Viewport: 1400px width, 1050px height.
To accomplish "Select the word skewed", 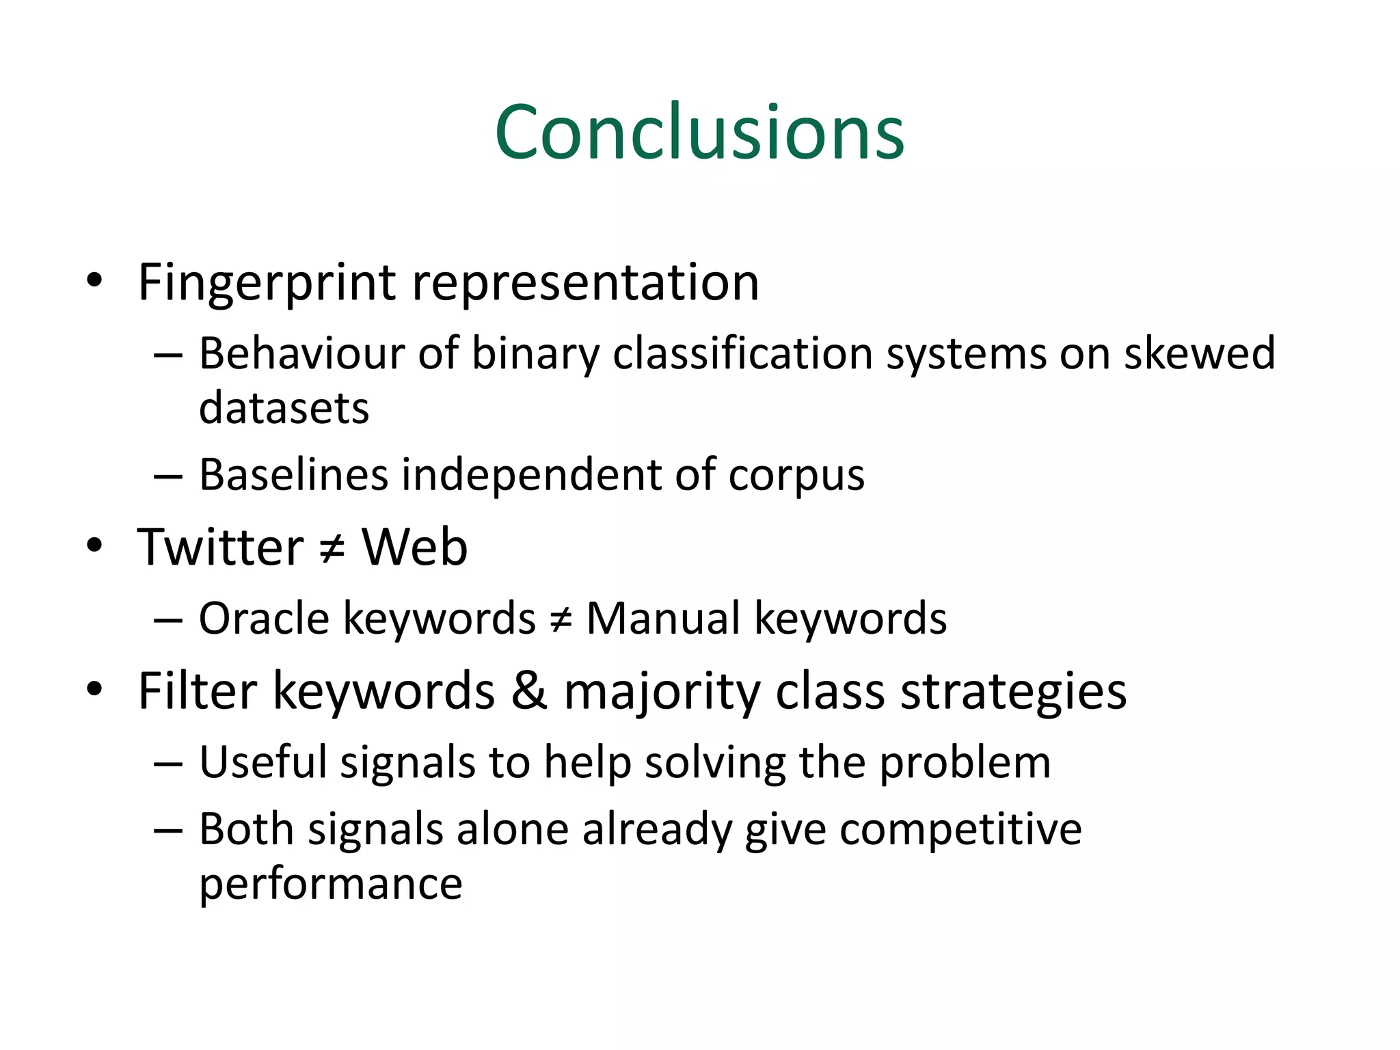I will pos(1200,354).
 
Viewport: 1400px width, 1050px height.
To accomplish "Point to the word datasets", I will pos(284,408).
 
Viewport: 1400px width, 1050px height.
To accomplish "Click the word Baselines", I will pos(293,475).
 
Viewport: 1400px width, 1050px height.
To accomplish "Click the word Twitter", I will pos(220,548).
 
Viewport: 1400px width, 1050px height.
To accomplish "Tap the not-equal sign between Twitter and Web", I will pos(332,549).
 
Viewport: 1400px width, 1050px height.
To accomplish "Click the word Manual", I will pos(663,619).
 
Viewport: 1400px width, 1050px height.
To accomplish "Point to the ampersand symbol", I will pos(528,690).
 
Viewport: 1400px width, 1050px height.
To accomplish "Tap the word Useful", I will pos(263,762).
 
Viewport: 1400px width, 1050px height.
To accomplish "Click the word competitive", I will pos(960,831).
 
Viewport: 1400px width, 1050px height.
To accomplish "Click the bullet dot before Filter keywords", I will pos(94,689).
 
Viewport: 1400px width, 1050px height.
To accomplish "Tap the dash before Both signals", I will pos(167,831).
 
